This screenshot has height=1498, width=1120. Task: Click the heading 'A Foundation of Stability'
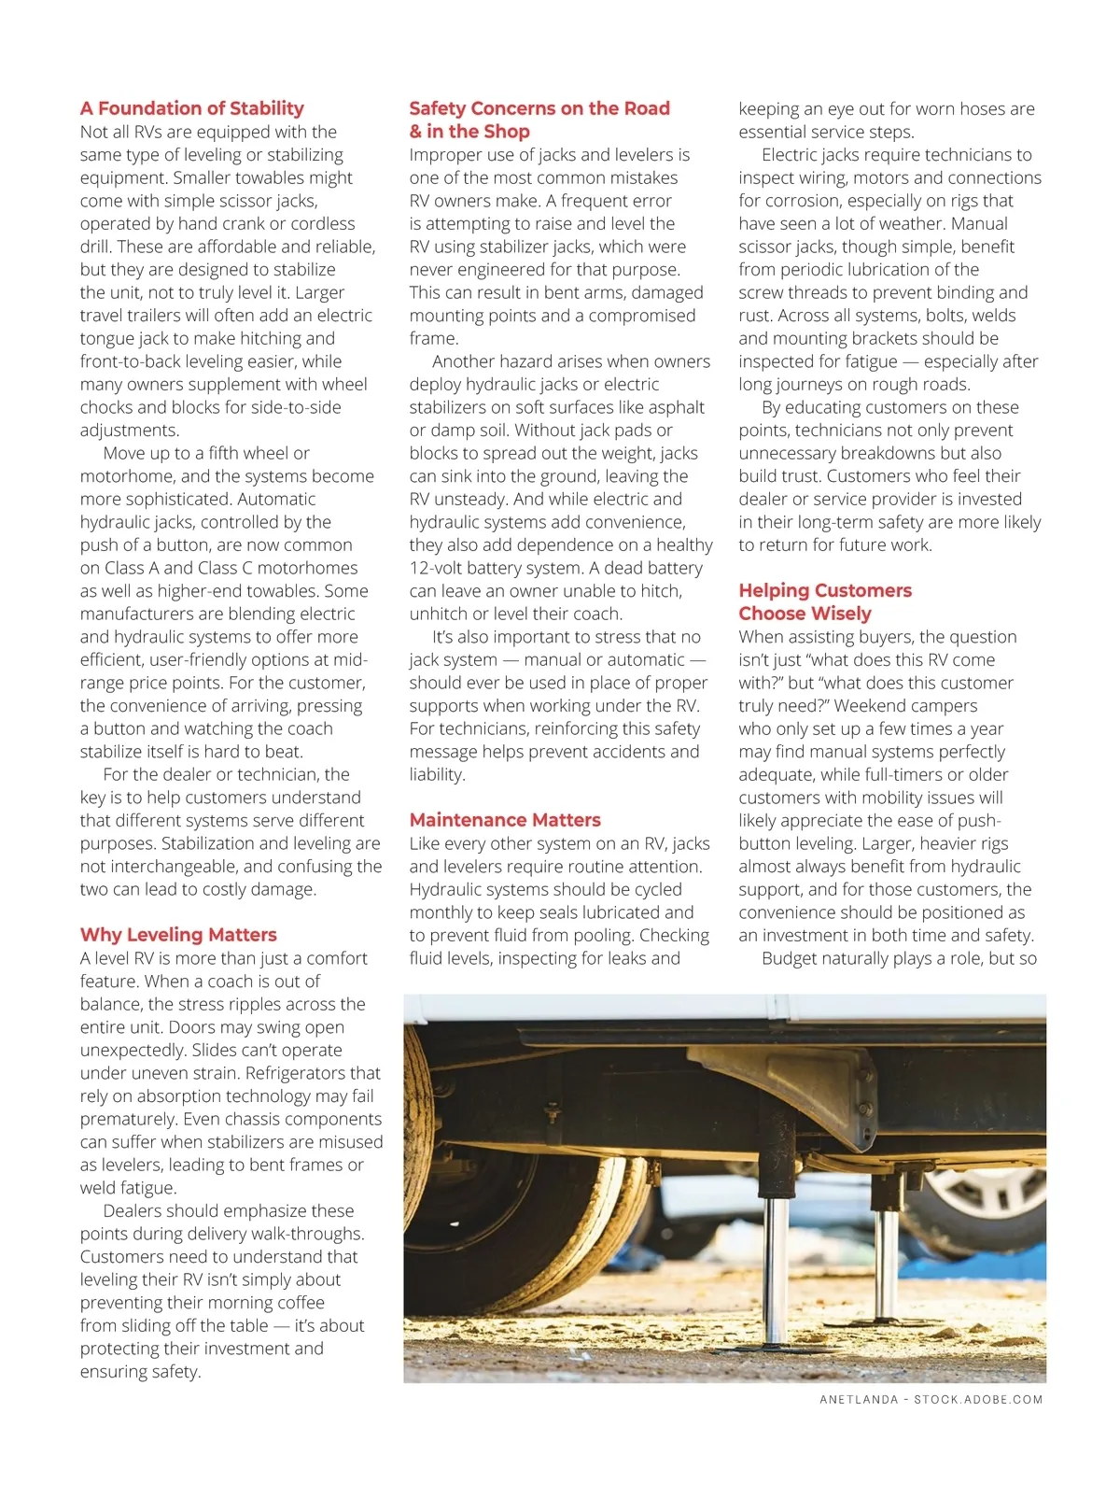192,108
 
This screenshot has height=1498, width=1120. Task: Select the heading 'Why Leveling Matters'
178,935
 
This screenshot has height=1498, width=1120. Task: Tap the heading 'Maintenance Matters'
505,820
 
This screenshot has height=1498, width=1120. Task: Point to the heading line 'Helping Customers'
825,590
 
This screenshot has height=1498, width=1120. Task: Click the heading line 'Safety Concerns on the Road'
539,108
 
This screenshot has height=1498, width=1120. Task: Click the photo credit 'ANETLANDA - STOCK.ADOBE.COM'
931,1399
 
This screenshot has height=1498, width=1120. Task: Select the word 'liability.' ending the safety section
437,774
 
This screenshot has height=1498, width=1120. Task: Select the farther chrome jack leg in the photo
886,1261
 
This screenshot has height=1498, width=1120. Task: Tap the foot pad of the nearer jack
775,1349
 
